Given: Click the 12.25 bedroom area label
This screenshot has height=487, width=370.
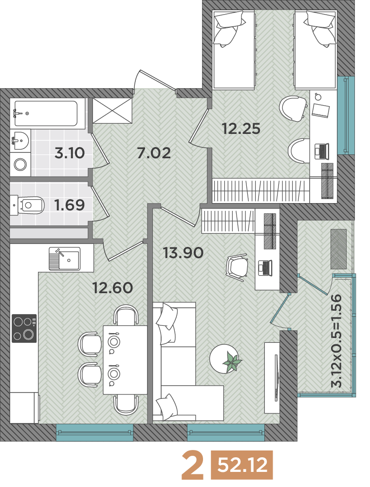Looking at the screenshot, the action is [241, 129].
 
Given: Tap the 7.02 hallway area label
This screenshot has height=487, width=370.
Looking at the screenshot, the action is [154, 153].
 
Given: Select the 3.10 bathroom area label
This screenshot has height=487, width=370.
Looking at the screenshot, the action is [70, 153].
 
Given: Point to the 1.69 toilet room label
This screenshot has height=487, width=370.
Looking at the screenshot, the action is [69, 205].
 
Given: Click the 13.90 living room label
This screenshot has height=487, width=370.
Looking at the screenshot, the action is [183, 253].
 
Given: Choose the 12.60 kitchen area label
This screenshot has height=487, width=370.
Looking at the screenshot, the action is [113, 288].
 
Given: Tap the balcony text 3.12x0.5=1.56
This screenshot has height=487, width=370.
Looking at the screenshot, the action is [336, 340].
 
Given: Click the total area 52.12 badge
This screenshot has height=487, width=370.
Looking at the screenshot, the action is [242, 465].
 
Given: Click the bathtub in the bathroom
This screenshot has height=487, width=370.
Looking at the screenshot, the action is [46, 113].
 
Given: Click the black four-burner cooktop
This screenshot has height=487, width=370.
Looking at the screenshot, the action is [24, 328].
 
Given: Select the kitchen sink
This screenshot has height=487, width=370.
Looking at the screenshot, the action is [64, 259].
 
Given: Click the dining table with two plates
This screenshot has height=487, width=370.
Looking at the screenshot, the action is [125, 360].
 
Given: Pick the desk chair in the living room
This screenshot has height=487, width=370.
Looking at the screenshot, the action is [238, 267].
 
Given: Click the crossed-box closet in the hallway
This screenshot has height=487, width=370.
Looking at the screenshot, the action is [112, 110].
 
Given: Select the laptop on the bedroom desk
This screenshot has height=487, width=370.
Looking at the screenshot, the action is [322, 152].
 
